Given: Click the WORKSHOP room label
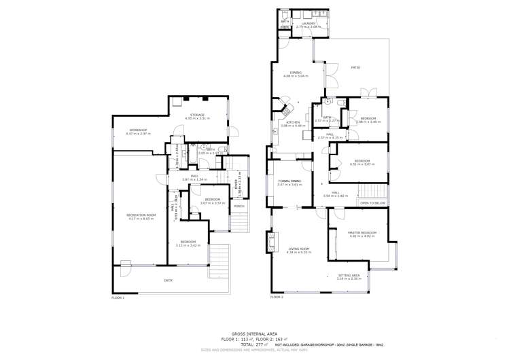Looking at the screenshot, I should [x=138, y=130].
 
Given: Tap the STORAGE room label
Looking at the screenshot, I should [x=197, y=115].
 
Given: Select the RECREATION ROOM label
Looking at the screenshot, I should [x=141, y=215].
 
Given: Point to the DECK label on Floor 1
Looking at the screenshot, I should [x=168, y=280].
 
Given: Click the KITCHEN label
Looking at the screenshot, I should [x=293, y=122].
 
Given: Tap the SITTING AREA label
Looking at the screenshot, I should [x=349, y=275].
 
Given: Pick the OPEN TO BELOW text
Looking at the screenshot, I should [x=372, y=203].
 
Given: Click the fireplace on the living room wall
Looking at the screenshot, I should [x=273, y=240].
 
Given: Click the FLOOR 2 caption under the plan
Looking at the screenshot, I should [x=277, y=297].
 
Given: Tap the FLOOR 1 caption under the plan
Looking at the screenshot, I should [x=118, y=298].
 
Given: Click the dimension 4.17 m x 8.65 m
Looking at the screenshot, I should [x=141, y=219].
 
